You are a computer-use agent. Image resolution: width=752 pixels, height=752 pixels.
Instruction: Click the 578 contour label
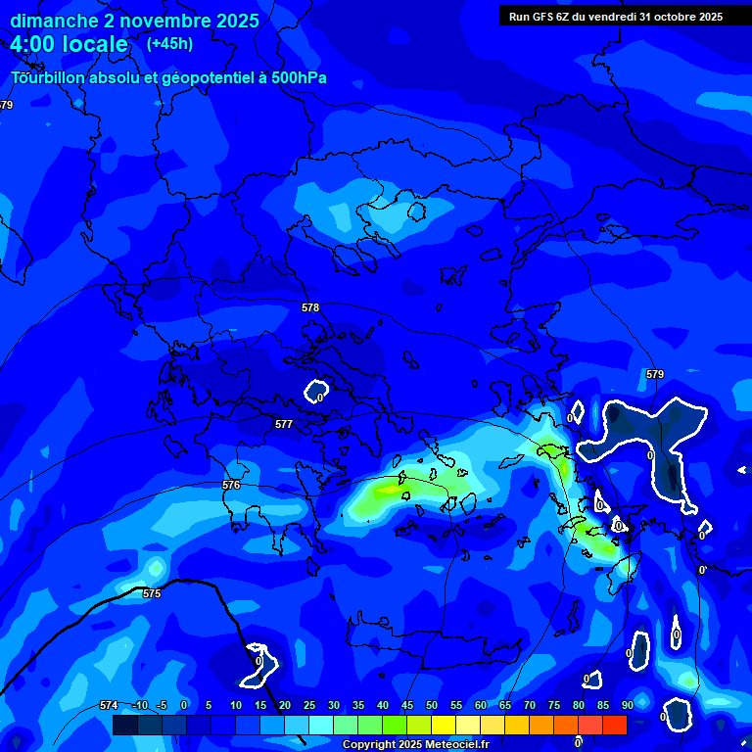click(x=310, y=307)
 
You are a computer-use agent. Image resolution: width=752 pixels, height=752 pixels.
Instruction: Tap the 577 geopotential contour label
click(x=284, y=424)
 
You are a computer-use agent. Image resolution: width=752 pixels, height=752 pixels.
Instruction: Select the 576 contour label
click(x=231, y=485)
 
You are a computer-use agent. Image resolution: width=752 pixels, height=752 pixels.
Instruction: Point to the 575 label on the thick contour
click(x=152, y=593)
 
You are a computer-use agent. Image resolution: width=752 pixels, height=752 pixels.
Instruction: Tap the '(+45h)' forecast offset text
click(x=169, y=43)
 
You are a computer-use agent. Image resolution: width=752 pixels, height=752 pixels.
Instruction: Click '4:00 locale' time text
click(x=70, y=44)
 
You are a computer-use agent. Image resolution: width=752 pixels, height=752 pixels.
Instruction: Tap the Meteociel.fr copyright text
click(x=415, y=744)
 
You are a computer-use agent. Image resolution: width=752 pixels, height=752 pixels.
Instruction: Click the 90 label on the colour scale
click(x=627, y=705)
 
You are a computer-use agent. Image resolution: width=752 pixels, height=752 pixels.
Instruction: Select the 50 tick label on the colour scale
click(x=431, y=705)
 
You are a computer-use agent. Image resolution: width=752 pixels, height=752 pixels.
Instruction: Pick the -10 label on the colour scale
click(x=139, y=705)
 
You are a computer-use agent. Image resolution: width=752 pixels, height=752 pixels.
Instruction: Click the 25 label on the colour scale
click(x=308, y=705)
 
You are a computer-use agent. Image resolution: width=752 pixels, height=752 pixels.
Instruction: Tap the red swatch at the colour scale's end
click(x=614, y=725)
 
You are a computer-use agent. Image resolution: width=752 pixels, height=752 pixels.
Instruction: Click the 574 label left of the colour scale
click(x=109, y=705)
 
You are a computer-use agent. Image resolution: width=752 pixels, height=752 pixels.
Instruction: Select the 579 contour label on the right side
click(x=655, y=374)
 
